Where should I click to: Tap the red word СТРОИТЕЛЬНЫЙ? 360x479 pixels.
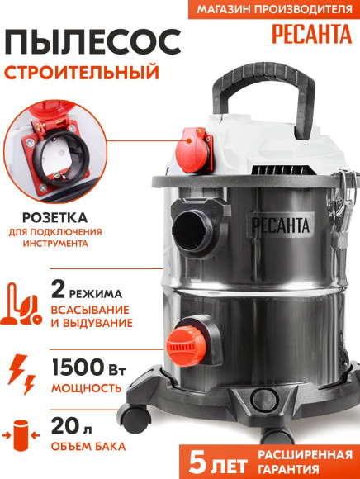(81, 72)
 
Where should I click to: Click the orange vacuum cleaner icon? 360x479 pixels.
(26, 302)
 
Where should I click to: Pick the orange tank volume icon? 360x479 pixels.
(25, 436)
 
